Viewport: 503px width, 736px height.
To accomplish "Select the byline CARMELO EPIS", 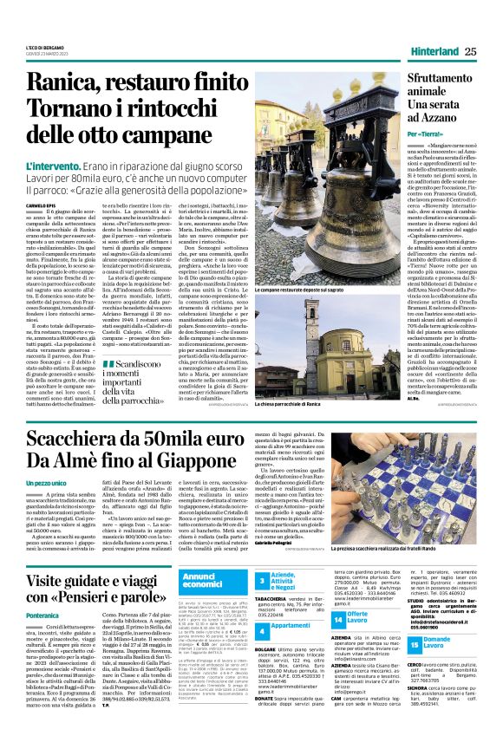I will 41,205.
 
